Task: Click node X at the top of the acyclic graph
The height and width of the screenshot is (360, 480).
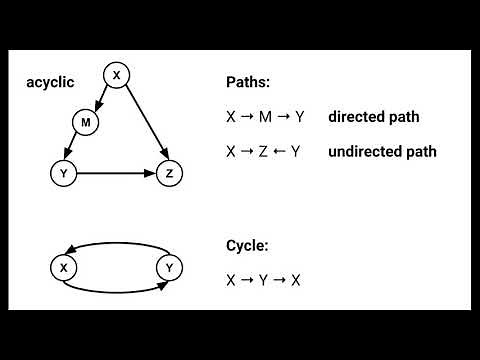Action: pos(116,74)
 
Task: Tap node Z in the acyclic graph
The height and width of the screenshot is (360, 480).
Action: pos(169,173)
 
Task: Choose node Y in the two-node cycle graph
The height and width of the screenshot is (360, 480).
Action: pos(169,267)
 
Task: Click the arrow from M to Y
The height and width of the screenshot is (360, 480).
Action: pos(73,148)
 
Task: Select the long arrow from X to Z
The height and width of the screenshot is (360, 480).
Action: pos(143,124)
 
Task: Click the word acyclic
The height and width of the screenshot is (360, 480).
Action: pos(50,81)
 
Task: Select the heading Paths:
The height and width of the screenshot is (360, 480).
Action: pos(249,82)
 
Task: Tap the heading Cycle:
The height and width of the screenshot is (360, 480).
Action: pos(247,245)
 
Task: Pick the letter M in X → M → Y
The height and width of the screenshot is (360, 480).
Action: pos(265,117)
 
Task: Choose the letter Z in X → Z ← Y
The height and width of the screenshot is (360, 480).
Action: pos(264,152)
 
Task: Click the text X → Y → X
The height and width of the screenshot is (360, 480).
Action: pos(264,280)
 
